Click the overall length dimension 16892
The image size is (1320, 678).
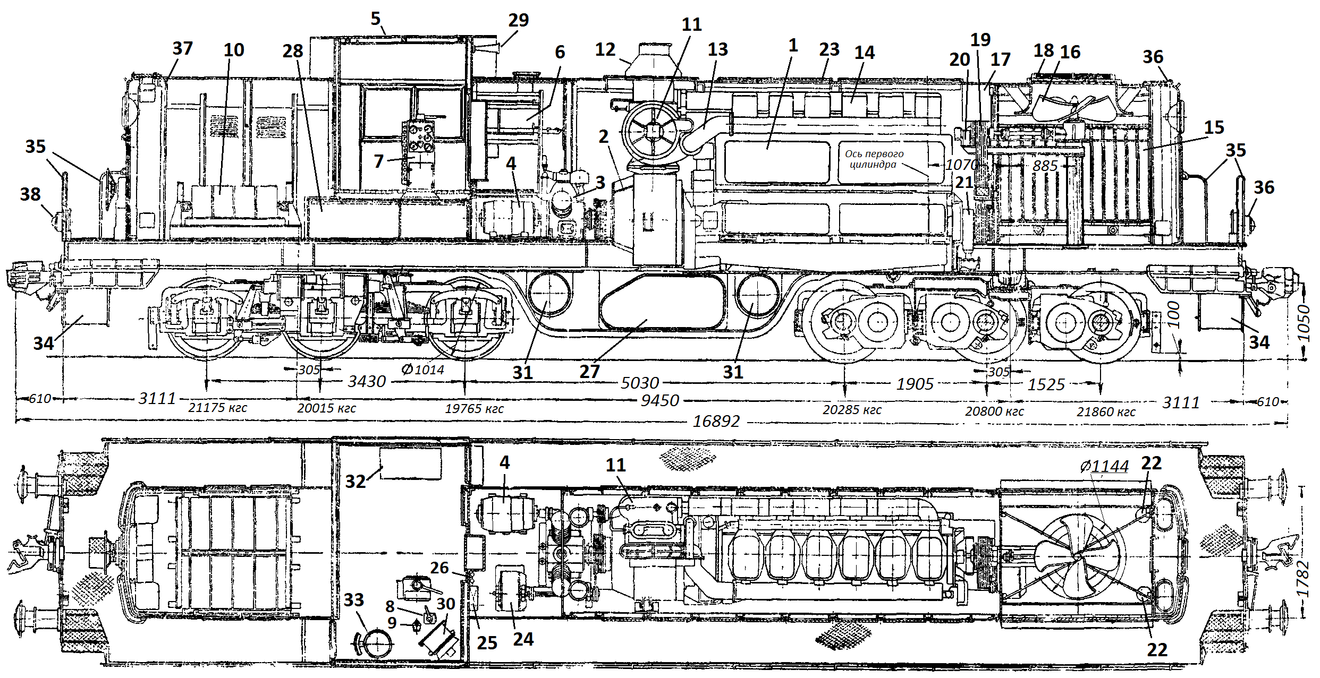pyautogui.click(x=716, y=421)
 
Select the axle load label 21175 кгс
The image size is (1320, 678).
pyautogui.click(x=218, y=408)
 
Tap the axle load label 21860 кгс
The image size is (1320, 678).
pyautogui.click(x=1106, y=412)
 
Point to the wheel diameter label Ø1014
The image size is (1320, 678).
pyautogui.click(x=423, y=370)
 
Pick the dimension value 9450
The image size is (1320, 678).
pyautogui.click(x=659, y=400)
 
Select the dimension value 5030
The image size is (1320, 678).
pyautogui.click(x=640, y=383)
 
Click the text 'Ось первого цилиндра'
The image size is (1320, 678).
pyautogui.click(x=874, y=159)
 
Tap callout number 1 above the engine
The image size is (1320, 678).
pyautogui.click(x=793, y=46)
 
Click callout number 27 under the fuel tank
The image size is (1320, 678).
pyautogui.click(x=589, y=372)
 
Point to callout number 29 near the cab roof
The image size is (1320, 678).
pyautogui.click(x=518, y=20)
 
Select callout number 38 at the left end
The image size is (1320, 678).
pyautogui.click(x=30, y=194)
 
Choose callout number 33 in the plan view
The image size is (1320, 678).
pyautogui.click(x=353, y=600)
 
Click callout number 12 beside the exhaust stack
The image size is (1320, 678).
pyautogui.click(x=605, y=49)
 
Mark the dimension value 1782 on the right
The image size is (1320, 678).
pyautogui.click(x=1302, y=578)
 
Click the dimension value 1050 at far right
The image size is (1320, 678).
pyautogui.click(x=1304, y=322)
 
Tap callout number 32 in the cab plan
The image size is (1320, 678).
pyautogui.click(x=356, y=481)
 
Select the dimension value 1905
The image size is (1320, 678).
pyautogui.click(x=915, y=384)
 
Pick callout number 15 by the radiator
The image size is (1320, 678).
pyautogui.click(x=1214, y=127)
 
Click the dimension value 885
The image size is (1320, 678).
pyautogui.click(x=1045, y=166)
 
